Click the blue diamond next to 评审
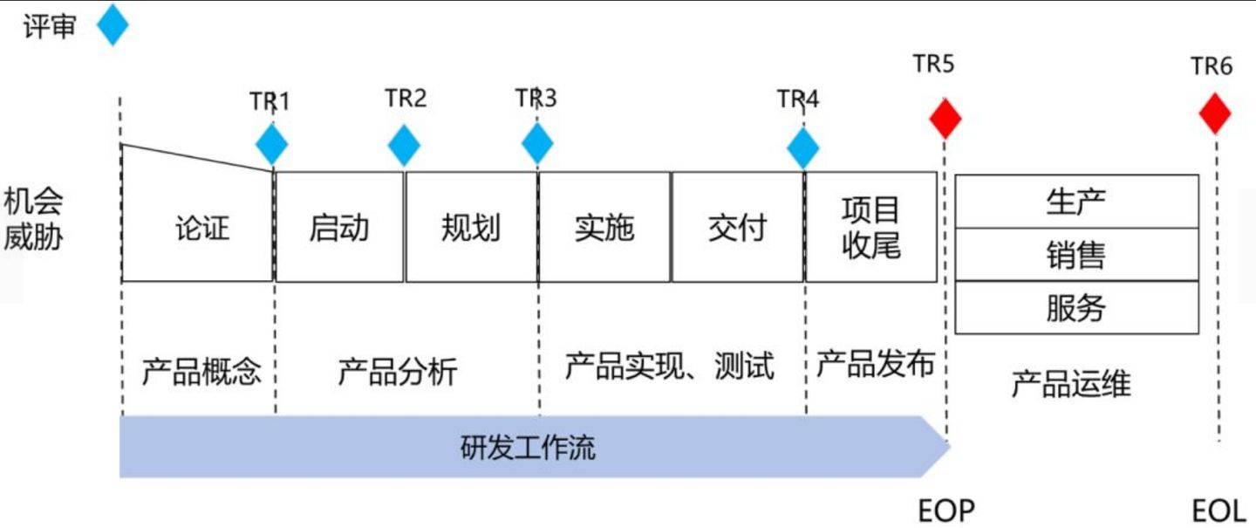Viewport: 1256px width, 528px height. point(113,24)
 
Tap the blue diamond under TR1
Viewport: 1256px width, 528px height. point(272,145)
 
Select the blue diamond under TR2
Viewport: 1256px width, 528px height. point(404,145)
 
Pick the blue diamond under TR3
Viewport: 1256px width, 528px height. point(537,145)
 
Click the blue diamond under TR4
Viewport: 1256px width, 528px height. point(802,148)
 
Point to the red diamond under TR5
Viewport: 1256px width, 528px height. point(945,119)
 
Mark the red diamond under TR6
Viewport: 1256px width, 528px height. point(1215,113)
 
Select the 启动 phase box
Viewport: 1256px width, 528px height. point(339,227)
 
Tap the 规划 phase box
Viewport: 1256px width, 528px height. point(471,227)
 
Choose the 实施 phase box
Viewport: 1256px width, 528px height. point(604,227)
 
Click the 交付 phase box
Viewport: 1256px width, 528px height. point(737,227)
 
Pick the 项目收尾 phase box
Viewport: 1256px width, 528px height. point(870,227)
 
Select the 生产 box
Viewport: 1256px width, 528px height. point(1076,202)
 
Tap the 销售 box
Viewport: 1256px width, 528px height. point(1076,255)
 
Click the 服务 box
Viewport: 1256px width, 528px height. point(1076,307)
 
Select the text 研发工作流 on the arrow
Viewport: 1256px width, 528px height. point(528,448)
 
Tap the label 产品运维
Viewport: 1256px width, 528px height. point(1070,383)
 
